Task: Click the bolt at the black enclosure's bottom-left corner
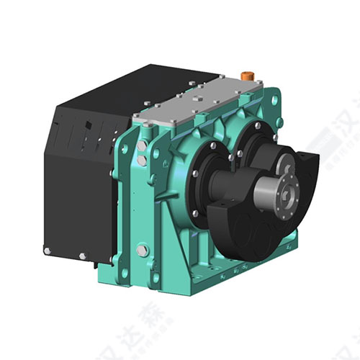pyautogui.click(x=48, y=251)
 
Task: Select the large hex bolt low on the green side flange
pyautogui.click(x=142, y=250)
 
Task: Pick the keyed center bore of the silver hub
pyautogui.click(x=292, y=197)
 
